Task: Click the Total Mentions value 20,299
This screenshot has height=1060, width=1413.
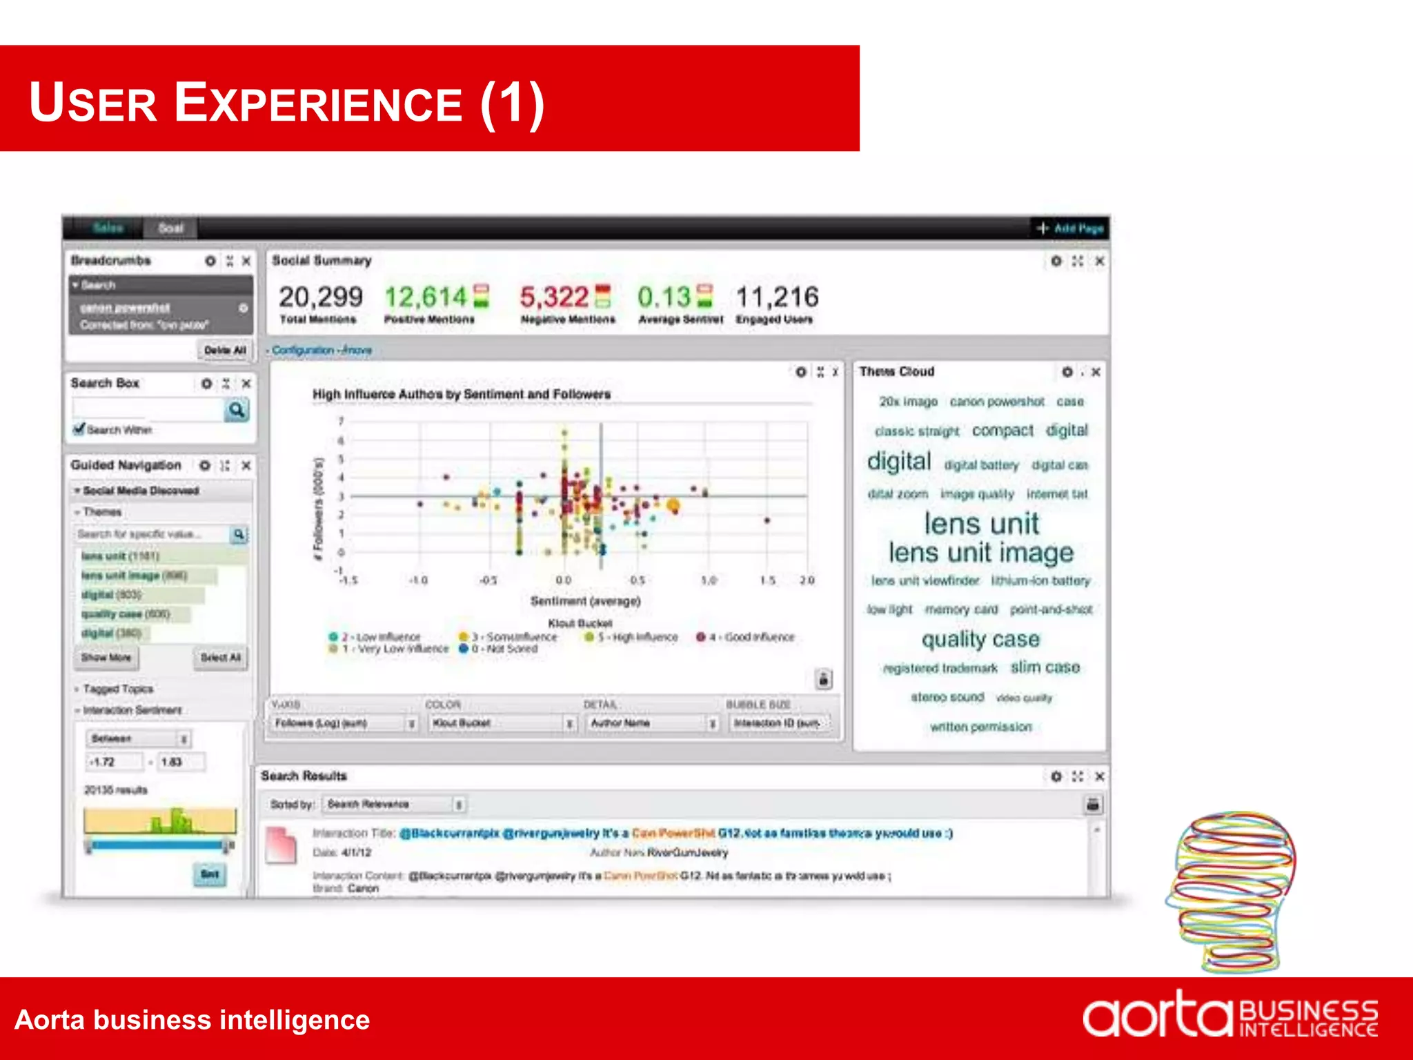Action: coord(320,297)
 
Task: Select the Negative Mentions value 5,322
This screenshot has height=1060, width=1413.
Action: coord(554,297)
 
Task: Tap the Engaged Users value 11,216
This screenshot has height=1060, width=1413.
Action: coord(777,297)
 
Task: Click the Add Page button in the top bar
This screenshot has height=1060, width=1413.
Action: coord(1070,228)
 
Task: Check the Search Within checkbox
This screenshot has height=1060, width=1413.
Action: coord(80,429)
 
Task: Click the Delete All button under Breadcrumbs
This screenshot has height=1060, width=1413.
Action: coord(224,350)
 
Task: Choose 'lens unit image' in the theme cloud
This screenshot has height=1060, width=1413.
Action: coord(980,553)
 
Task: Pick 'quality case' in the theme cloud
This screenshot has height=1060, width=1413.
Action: coord(980,639)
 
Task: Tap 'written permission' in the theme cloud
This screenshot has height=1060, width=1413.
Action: coord(980,727)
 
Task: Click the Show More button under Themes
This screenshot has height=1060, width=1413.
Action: coord(106,657)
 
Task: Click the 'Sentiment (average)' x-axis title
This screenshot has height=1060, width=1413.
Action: coord(585,601)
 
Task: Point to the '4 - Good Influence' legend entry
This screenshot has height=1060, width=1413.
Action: coord(746,637)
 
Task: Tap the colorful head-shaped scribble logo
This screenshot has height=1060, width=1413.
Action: coord(1232,890)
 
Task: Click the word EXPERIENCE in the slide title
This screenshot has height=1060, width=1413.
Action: coord(318,103)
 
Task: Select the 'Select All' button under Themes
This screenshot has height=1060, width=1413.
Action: coord(221,657)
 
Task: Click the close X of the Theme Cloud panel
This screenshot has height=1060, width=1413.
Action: coord(1096,372)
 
